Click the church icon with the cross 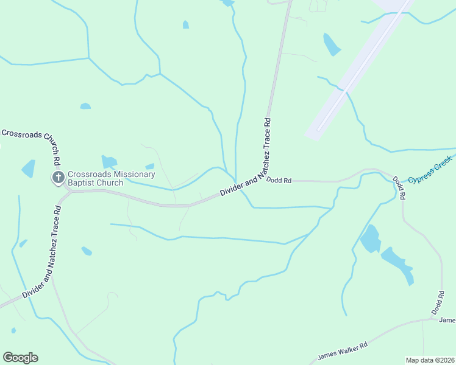58,178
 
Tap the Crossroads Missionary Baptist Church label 111,178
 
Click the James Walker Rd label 343,352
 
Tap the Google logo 20,358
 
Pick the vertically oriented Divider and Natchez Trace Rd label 267,145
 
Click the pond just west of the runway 331,44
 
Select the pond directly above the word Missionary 109,162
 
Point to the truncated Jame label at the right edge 447,320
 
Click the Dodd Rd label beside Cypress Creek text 399,189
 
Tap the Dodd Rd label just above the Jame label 438,303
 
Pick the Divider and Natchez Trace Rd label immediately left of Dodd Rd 244,183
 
